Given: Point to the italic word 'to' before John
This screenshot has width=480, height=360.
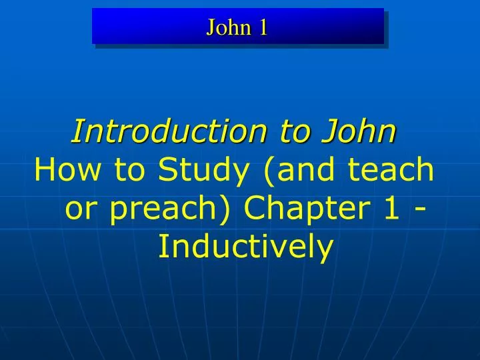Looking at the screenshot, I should click(x=280, y=131).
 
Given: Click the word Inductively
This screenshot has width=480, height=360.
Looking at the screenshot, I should click(x=245, y=248).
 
